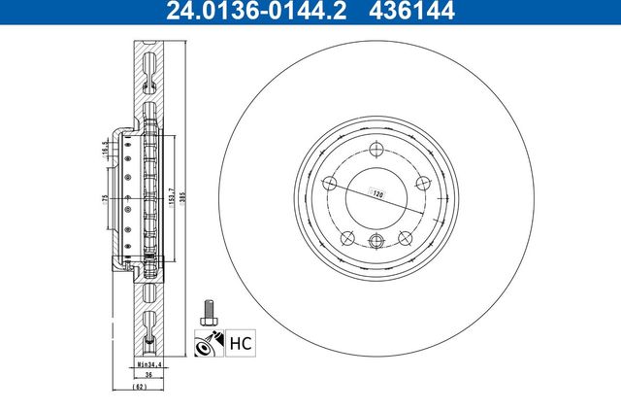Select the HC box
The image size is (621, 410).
(239, 342)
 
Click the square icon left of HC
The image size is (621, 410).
(209, 342)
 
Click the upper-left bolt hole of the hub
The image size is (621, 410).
(328, 184)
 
